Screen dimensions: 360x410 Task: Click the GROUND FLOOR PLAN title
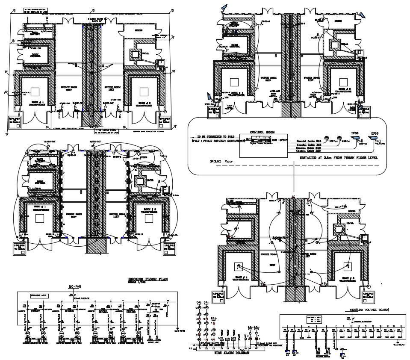click(x=148, y=279)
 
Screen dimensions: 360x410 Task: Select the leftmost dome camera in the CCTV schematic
click(x=326, y=140)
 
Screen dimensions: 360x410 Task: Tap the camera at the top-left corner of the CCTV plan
click(x=224, y=6)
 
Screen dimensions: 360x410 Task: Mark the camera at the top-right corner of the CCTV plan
click(x=363, y=15)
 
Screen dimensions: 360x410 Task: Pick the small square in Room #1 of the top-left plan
click(x=35, y=91)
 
